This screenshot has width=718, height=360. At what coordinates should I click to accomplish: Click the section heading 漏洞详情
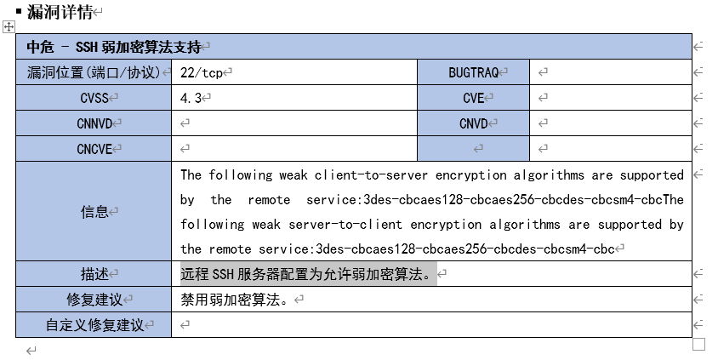59,12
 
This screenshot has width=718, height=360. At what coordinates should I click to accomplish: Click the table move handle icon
9,28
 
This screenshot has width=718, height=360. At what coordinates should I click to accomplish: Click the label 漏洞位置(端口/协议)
94,72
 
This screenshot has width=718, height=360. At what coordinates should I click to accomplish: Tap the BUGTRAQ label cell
473,72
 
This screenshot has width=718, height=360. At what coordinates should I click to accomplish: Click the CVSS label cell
94,98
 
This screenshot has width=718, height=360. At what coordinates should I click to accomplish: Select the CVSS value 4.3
191,98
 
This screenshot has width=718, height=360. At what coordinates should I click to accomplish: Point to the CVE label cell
473,98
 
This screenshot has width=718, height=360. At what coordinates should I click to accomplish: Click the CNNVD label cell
94,123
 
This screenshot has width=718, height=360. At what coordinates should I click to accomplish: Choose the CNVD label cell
473,123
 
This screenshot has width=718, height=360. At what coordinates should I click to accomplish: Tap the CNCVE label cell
94,149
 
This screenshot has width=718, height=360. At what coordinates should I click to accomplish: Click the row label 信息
94,212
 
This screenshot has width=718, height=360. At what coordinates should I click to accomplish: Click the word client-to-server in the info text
366,175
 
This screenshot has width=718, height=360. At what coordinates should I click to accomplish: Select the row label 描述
94,274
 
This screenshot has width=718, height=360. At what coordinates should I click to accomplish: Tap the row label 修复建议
94,300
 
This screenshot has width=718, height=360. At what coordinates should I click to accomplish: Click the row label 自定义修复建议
94,325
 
